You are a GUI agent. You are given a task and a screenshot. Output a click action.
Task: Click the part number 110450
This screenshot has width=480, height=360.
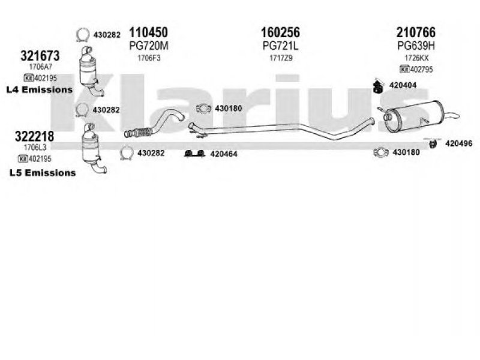149,32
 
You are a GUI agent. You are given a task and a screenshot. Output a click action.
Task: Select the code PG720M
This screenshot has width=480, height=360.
148,45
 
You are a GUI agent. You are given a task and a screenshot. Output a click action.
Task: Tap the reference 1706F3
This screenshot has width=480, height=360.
149,58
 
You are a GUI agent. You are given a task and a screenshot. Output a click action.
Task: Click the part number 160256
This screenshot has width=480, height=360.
280,32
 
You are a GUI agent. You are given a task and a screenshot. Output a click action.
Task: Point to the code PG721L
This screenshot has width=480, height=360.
280,45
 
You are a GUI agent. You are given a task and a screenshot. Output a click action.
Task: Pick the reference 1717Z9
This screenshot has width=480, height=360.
280,58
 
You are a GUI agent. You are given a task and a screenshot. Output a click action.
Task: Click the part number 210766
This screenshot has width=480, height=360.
415,32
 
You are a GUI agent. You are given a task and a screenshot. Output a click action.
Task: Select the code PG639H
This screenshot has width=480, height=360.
415,45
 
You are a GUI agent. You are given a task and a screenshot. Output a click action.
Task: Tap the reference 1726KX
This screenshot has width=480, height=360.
415,58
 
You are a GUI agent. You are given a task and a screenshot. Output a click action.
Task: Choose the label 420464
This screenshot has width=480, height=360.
223,154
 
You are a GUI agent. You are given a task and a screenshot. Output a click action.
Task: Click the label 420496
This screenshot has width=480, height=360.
458,143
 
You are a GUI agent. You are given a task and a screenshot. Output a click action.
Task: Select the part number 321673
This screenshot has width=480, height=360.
40,55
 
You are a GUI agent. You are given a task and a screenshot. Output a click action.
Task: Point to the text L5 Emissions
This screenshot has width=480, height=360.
43,173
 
